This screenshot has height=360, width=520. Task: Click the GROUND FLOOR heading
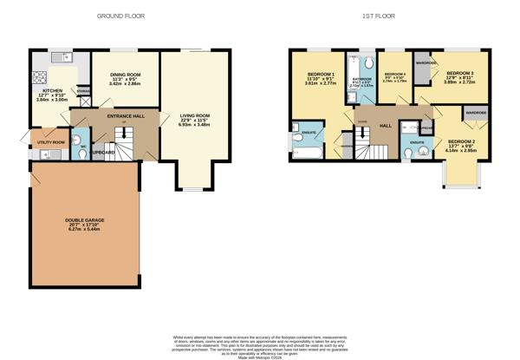[120, 16]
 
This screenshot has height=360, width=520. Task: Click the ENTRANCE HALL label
[125, 115]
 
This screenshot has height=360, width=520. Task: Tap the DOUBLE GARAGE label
[84, 219]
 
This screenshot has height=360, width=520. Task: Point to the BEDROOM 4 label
[395, 75]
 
